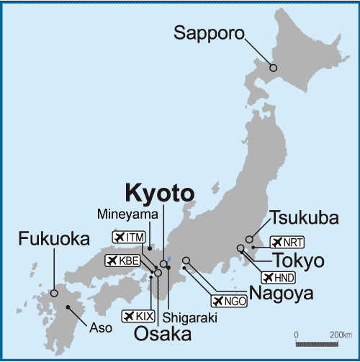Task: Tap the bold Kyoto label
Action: click(159, 193)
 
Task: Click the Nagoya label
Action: click(281, 293)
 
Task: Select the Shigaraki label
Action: click(184, 317)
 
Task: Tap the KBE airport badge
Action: click(121, 260)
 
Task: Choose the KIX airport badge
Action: click(139, 316)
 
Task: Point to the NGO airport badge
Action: click(228, 301)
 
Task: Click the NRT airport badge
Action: click(287, 243)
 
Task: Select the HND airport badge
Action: click(279, 277)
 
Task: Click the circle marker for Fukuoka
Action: click(54, 293)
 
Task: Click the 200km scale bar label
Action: click(340, 335)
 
